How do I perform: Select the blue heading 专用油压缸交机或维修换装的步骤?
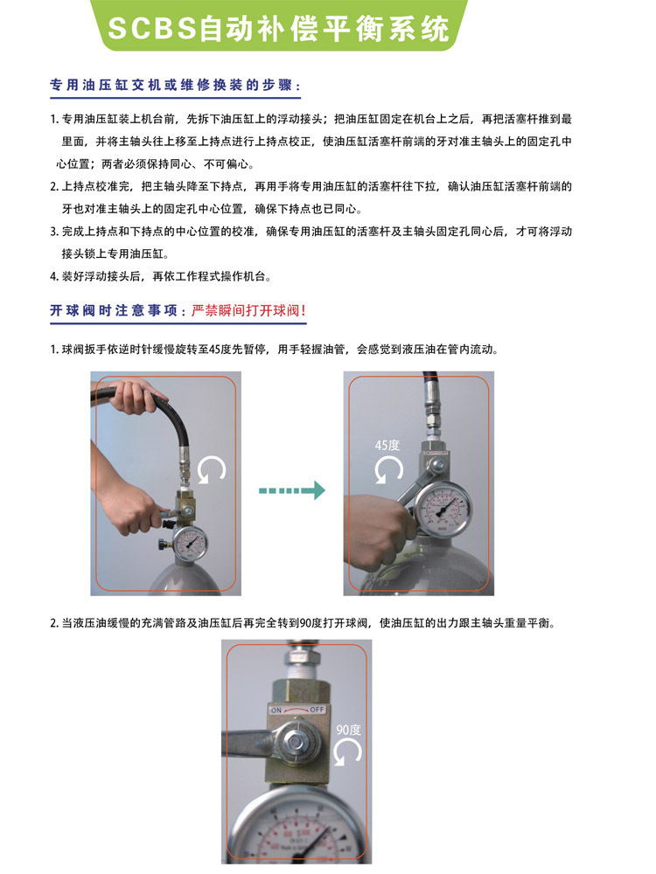coord(171,86)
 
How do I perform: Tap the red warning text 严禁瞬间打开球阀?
coord(248,310)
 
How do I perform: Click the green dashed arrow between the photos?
coord(292,490)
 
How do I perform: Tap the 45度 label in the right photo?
coord(387,446)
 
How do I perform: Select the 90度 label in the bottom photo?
coord(349,730)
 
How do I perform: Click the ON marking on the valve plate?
coord(276,711)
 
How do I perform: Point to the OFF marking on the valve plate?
coord(317,710)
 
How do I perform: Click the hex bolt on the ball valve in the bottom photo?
coord(296,741)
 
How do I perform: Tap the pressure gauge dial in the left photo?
coord(190,543)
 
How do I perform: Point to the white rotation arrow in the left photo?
coord(212,469)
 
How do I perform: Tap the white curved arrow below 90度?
coord(348,752)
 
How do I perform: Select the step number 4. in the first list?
coord(54,276)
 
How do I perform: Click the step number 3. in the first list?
coord(54,232)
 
